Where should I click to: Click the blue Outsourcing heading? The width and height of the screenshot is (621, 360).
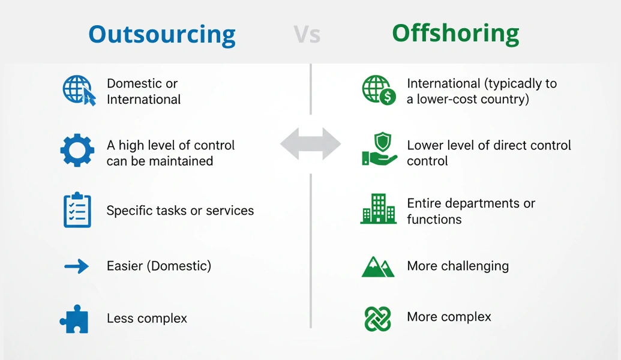(161, 34)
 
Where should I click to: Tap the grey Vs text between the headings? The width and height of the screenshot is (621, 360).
(307, 35)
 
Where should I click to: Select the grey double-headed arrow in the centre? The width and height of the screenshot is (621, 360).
(310, 144)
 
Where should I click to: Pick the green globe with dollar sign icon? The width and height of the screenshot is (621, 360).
(379, 91)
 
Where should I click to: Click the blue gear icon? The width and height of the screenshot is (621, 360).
(77, 151)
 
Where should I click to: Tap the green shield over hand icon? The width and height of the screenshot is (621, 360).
(379, 150)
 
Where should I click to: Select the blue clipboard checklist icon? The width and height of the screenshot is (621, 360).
(77, 210)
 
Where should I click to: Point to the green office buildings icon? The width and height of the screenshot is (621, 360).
(378, 209)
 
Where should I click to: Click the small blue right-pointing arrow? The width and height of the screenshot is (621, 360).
(77, 266)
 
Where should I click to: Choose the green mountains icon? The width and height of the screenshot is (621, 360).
(378, 266)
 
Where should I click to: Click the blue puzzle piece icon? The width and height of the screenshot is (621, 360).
(75, 319)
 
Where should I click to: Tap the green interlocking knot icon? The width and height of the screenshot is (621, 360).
(378, 319)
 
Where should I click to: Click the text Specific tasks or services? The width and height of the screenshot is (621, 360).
(180, 211)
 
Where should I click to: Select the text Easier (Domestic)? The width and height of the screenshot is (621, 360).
(159, 266)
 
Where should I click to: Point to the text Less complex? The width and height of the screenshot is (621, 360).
(147, 319)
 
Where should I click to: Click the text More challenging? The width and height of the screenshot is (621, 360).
(458, 266)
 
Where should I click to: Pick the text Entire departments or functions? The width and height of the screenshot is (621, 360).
(471, 211)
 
